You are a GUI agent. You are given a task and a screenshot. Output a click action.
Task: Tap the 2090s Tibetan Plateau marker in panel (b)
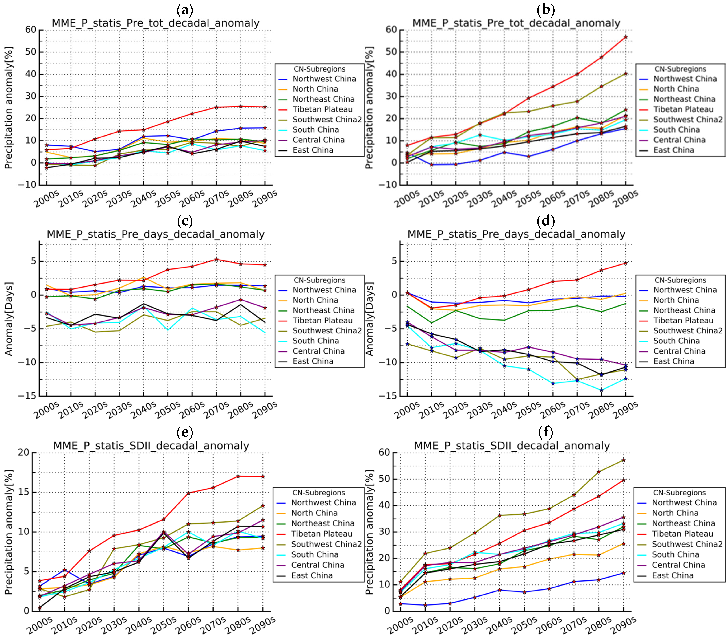pyautogui.click(x=625, y=37)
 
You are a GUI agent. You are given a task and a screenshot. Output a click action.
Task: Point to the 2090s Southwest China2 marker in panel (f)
pyautogui.click(x=623, y=460)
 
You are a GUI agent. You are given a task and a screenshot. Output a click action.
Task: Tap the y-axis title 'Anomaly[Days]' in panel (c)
pyautogui.click(x=9, y=319)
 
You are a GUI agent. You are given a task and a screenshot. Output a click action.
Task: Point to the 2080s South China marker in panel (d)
pyautogui.click(x=601, y=390)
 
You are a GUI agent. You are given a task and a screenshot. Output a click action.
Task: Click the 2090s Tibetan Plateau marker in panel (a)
pyautogui.click(x=265, y=107)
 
